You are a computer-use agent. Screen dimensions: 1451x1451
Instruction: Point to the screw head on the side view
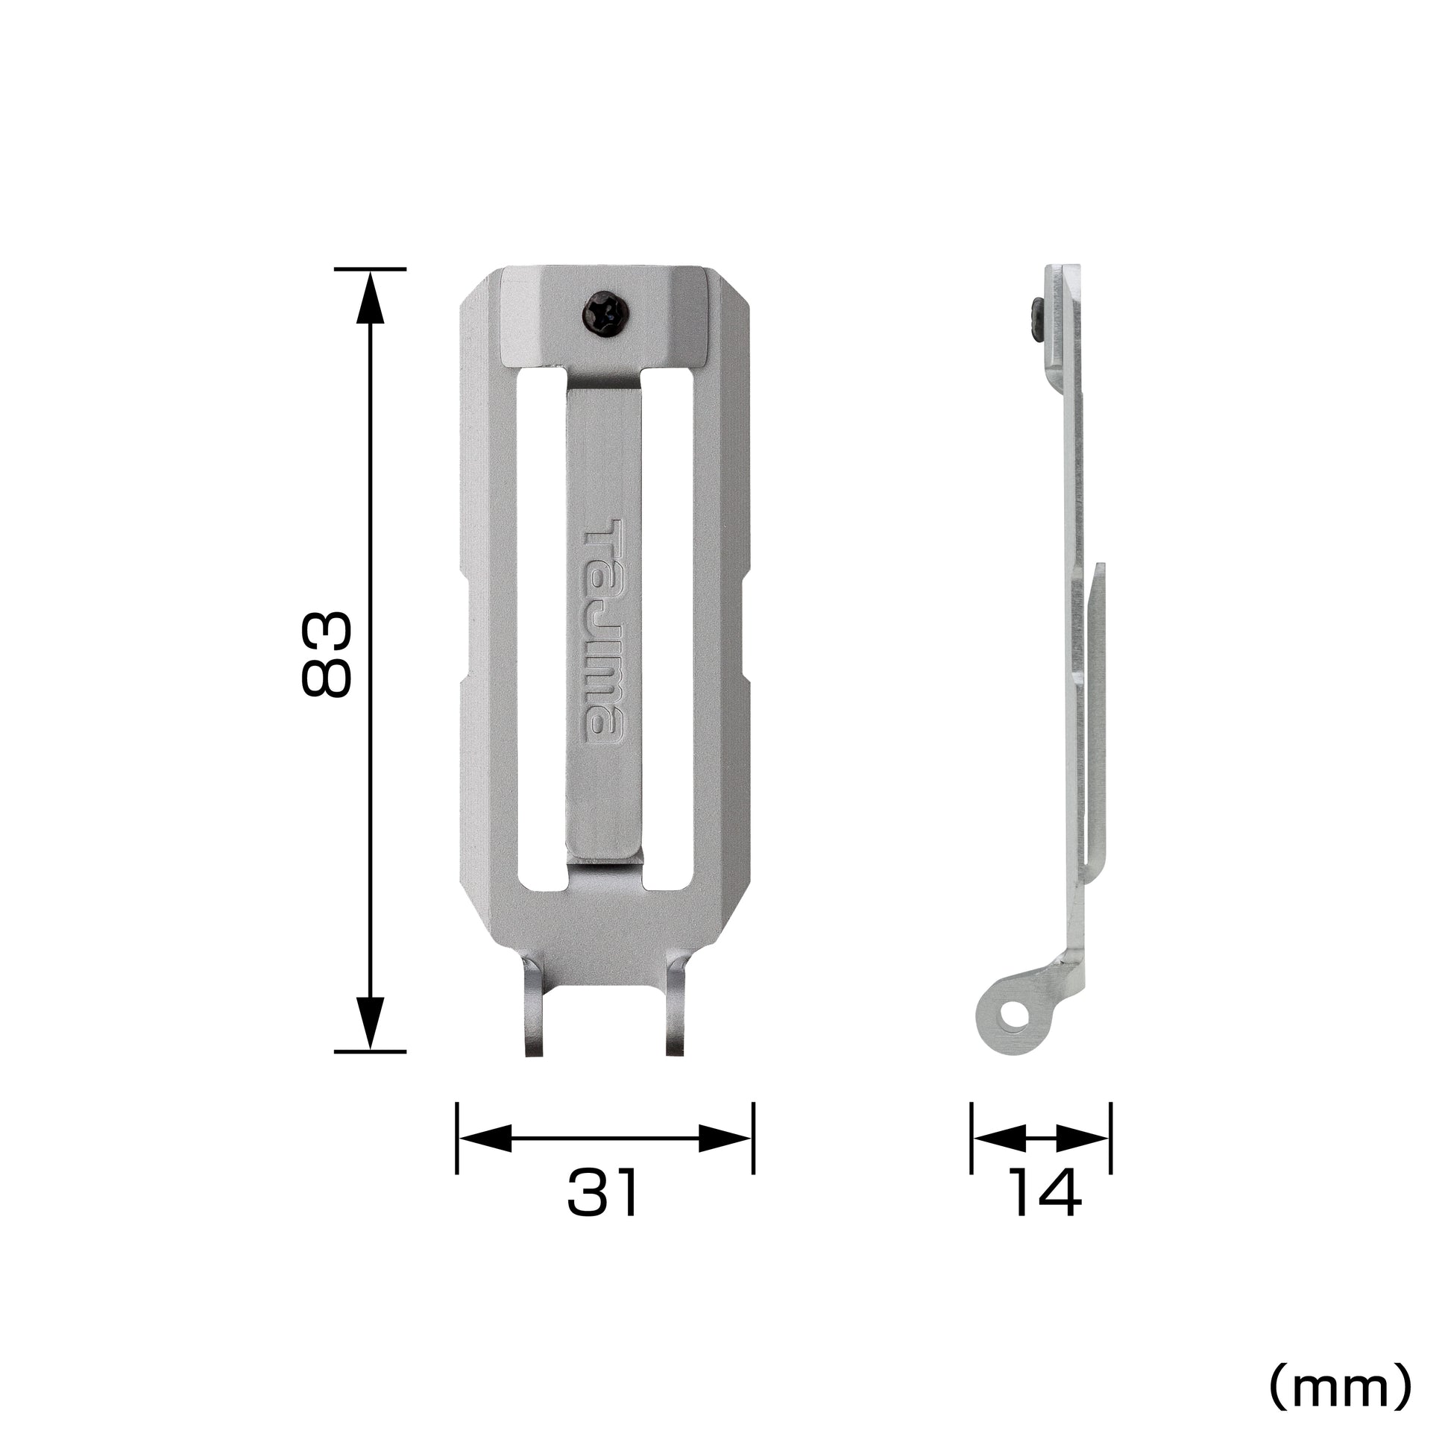[1036, 319]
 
